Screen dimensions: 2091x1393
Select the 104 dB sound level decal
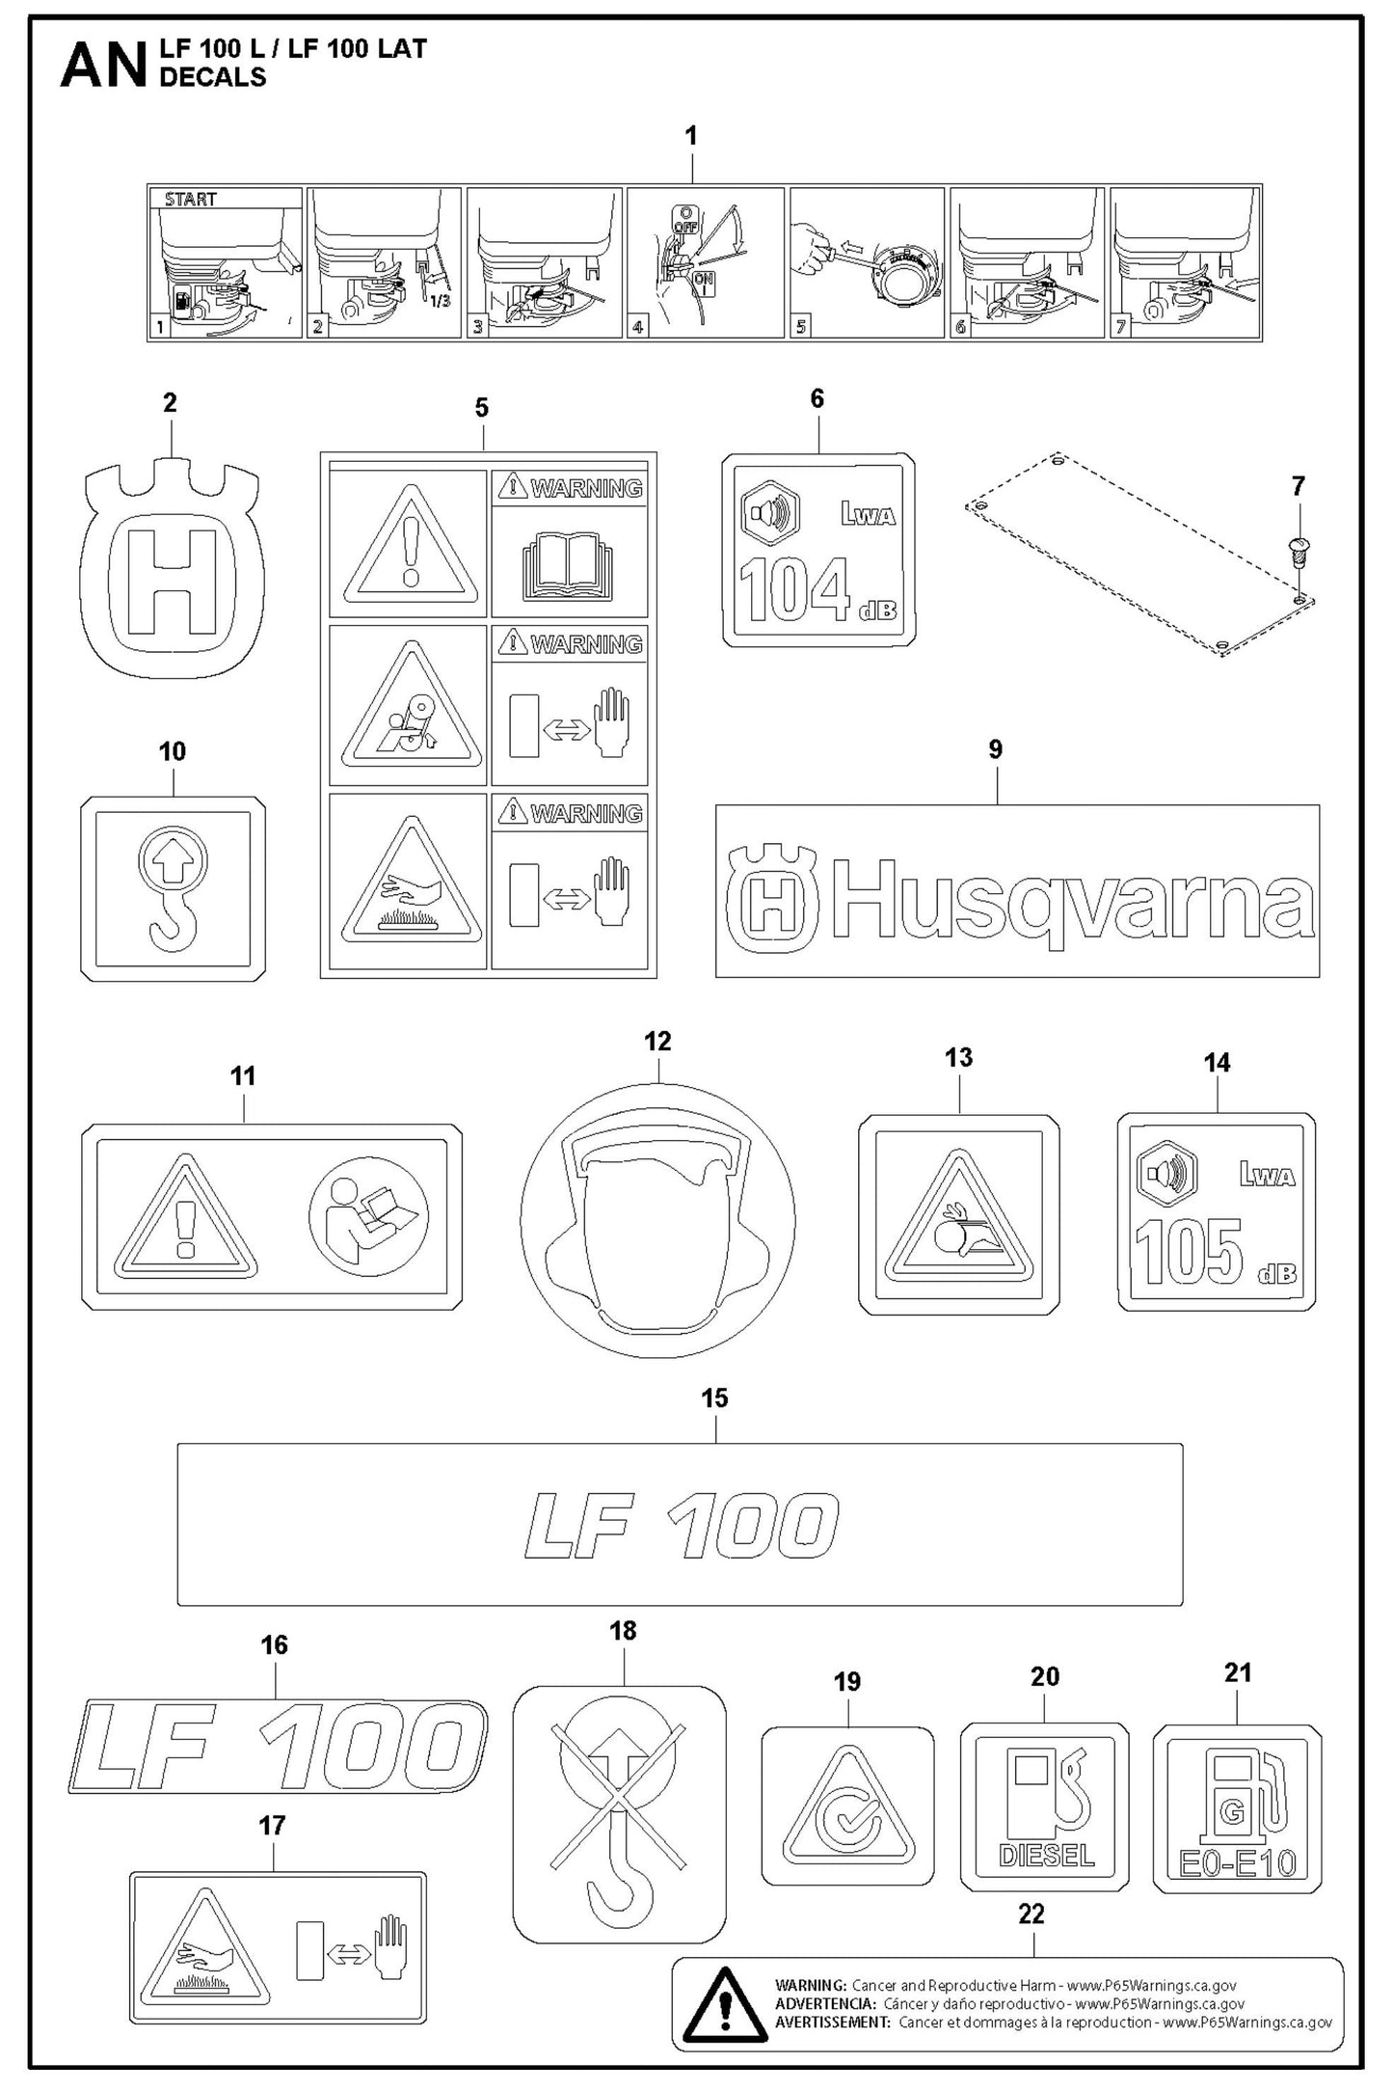tap(818, 550)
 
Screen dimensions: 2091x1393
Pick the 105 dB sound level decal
tap(1217, 1212)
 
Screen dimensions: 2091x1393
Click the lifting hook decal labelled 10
tap(173, 888)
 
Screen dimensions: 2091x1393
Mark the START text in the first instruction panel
tap(191, 200)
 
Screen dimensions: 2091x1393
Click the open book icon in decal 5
tap(569, 571)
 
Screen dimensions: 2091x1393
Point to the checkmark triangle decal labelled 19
tap(847, 1805)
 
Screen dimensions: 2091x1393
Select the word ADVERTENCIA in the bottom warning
tap(811, 2003)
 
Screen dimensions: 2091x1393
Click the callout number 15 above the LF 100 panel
tap(714, 1399)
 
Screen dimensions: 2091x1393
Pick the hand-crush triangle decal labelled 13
tap(958, 1214)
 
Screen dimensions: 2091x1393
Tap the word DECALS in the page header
tap(212, 77)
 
